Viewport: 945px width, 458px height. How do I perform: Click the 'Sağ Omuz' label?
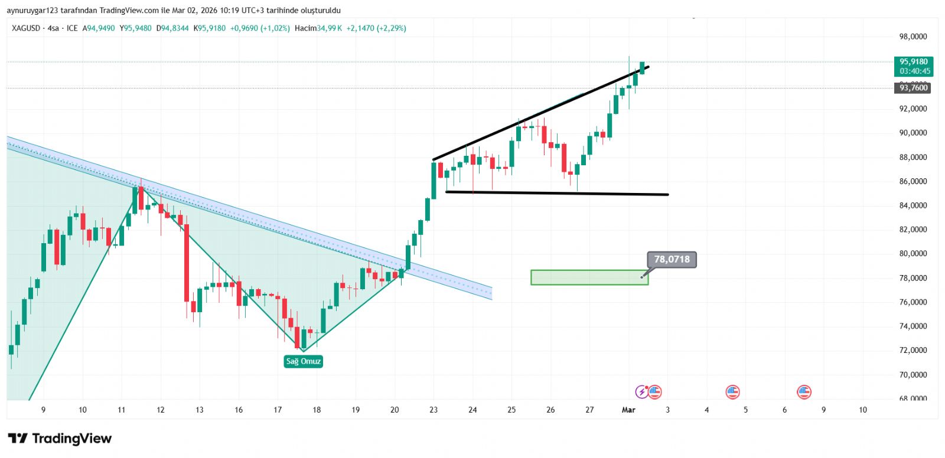coord(303,361)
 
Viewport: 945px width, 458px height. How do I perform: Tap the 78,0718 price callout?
coord(672,259)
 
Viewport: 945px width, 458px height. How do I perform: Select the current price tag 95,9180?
coord(913,61)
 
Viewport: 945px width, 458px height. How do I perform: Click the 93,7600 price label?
coord(913,88)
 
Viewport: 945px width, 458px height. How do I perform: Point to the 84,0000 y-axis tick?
coord(913,205)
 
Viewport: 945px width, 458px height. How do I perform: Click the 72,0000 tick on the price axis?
coord(913,350)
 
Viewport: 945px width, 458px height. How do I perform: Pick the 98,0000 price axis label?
coord(913,37)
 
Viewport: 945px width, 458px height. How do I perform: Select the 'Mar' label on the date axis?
coord(628,410)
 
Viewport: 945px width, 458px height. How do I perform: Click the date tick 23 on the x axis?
coord(434,410)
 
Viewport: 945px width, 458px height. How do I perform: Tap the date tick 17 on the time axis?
coord(278,410)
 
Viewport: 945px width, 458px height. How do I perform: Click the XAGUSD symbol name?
coord(26,28)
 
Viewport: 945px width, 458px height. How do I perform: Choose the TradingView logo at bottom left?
coord(60,439)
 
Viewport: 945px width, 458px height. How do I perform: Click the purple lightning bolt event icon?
coord(641,391)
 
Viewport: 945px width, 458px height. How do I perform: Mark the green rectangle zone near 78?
coord(589,277)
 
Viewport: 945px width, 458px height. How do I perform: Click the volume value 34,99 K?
coord(329,28)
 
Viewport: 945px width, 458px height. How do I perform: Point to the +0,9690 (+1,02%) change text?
coord(260,28)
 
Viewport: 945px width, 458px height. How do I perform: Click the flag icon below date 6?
coord(804,391)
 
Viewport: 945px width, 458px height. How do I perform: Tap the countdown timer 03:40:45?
coord(914,71)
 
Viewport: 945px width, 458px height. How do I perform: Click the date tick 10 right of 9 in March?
coord(862,410)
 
